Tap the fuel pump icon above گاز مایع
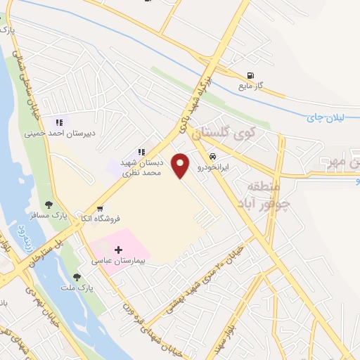click(250, 76)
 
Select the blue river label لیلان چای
click(324, 117)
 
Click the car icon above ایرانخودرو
click(212, 155)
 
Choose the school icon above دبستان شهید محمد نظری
click(141, 151)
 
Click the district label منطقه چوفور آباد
click(263, 192)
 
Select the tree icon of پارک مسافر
click(49, 204)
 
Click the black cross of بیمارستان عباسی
click(118, 250)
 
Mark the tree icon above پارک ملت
click(77, 276)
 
